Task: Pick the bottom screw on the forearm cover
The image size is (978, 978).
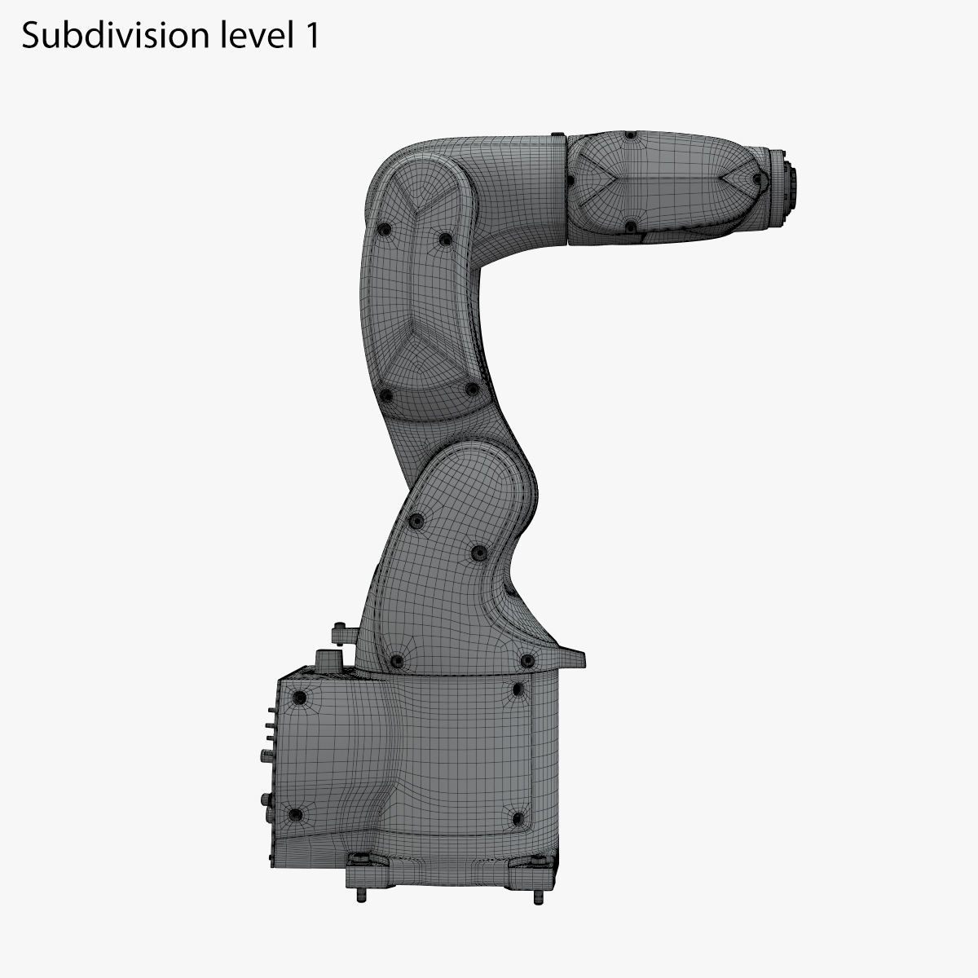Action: coord(629,226)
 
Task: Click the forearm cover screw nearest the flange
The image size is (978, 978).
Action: coord(758,178)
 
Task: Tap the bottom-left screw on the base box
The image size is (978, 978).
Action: coord(297,814)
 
